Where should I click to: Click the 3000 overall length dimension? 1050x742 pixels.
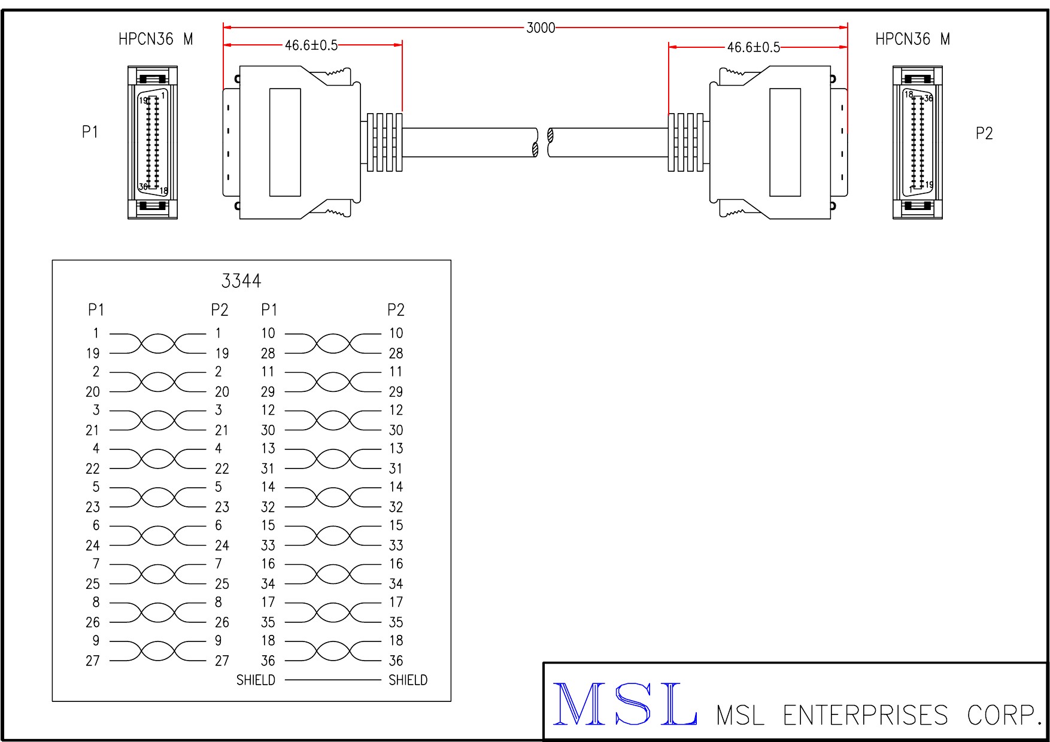click(x=541, y=28)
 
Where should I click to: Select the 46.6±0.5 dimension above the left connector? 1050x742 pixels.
click(x=311, y=45)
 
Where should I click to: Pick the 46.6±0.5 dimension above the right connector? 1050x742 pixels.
click(x=753, y=47)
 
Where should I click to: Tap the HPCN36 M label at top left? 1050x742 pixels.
click(x=156, y=39)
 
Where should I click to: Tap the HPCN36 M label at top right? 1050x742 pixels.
click(x=912, y=39)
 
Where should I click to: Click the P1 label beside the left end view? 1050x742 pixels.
click(x=90, y=132)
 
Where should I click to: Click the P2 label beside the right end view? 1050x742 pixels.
click(x=984, y=133)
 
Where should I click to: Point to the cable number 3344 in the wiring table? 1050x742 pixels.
click(x=241, y=281)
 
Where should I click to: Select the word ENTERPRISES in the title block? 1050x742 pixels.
click(x=865, y=716)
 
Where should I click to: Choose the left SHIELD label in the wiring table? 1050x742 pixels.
click(x=256, y=680)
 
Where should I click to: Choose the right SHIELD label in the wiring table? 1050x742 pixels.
click(x=408, y=680)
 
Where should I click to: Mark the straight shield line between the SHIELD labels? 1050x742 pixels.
click(x=333, y=680)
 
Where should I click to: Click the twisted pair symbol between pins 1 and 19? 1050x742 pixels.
click(x=158, y=343)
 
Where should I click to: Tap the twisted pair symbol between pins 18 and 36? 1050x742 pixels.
click(x=333, y=651)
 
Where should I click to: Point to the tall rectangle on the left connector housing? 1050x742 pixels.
click(x=285, y=142)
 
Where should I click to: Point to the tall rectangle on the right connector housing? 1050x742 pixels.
click(x=785, y=142)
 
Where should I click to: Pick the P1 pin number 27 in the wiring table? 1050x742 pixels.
click(x=93, y=661)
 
